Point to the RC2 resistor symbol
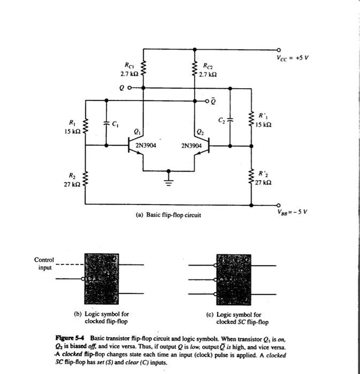point(193,68)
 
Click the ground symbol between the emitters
point(169,177)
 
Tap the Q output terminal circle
point(129,88)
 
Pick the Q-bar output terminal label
point(213,100)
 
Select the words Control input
point(44,263)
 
